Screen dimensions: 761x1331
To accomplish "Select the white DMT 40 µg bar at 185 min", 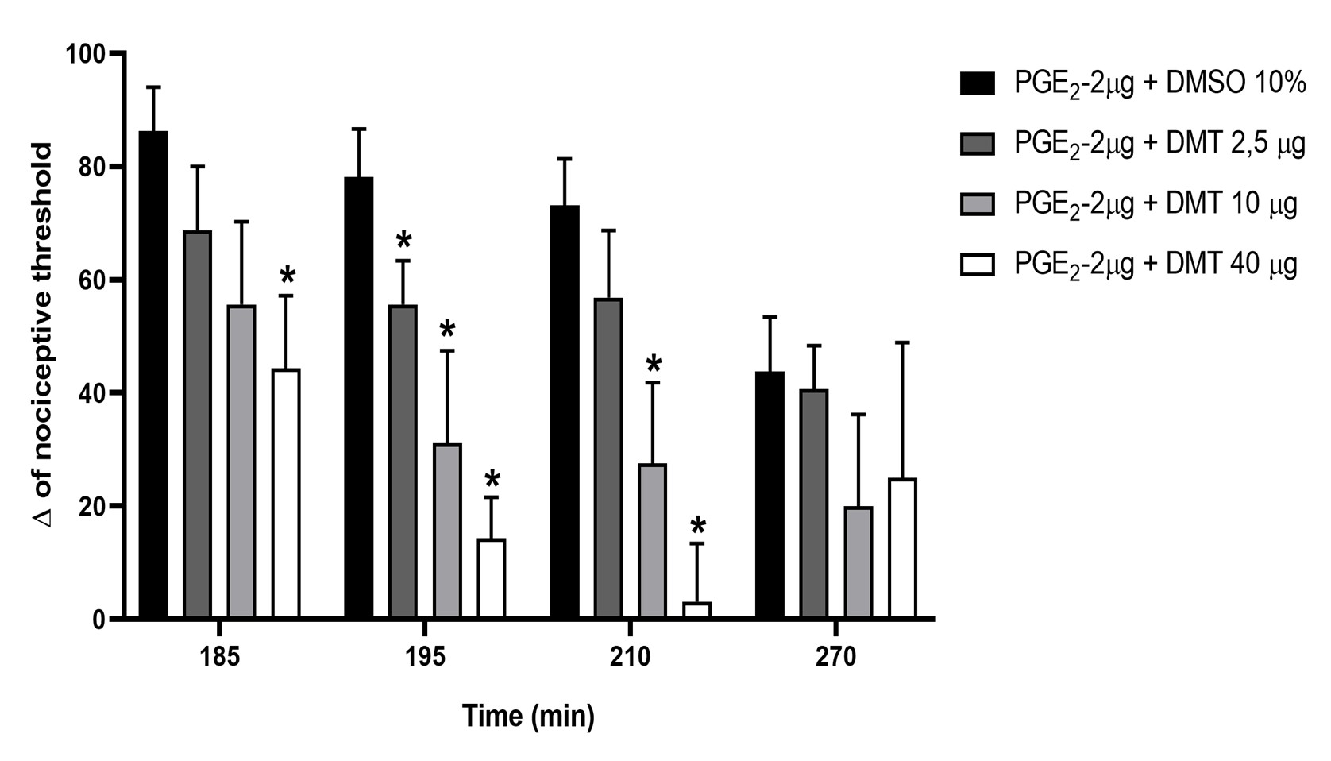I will [x=286, y=493].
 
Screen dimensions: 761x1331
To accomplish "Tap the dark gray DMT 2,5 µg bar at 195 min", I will [x=403, y=462].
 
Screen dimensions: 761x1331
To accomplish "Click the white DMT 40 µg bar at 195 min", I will [x=492, y=578].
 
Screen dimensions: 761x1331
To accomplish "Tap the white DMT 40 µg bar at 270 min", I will [x=902, y=548].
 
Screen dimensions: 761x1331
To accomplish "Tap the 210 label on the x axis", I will [x=631, y=659].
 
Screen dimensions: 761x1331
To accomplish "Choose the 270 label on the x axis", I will [x=836, y=659].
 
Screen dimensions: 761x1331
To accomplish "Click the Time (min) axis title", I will [x=528, y=717].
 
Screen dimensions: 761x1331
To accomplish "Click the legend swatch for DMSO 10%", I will [x=977, y=83].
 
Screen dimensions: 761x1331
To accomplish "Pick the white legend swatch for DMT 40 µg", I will [x=977, y=264].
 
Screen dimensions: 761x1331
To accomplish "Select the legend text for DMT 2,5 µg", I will [x=1159, y=144].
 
